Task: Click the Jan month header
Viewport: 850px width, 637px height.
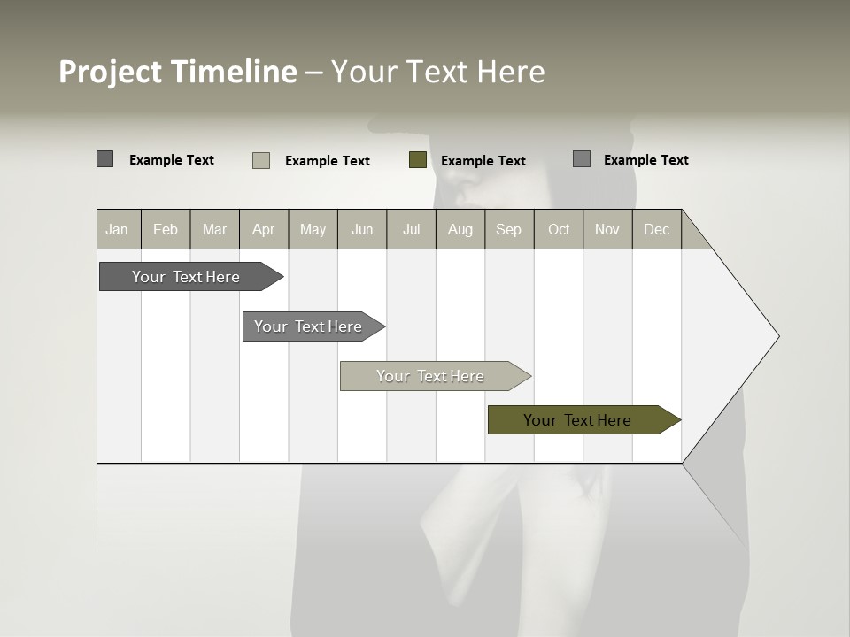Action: [118, 229]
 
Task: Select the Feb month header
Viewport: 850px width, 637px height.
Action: [166, 229]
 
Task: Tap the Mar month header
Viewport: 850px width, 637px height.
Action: [214, 229]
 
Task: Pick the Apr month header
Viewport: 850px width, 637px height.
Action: [264, 229]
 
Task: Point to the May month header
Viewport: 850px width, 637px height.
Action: [313, 229]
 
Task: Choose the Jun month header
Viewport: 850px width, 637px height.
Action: [362, 229]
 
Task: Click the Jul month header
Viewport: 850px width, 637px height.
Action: [411, 229]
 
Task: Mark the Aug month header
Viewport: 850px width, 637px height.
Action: [460, 229]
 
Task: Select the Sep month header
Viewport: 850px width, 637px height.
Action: [509, 229]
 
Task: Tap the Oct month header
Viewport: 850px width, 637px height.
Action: [559, 229]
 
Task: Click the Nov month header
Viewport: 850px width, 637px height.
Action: [607, 229]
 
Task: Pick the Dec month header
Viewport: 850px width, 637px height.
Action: [657, 229]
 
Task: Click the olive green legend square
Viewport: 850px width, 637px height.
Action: [418, 160]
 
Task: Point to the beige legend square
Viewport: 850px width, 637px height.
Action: [261, 160]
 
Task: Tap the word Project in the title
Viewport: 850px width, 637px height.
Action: [111, 72]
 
